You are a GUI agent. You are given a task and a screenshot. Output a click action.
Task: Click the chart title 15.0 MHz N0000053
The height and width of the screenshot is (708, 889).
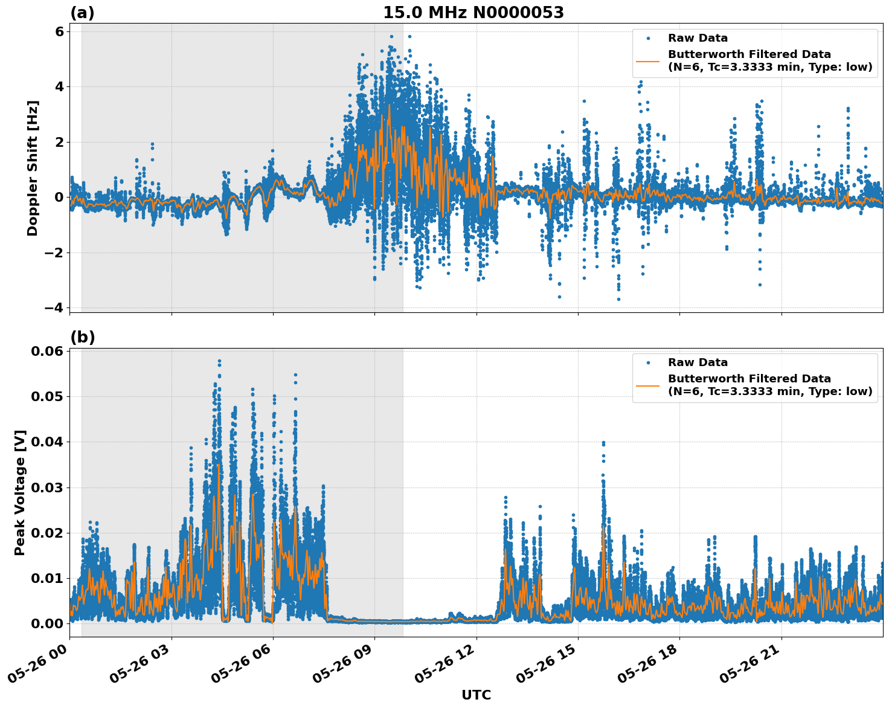473,13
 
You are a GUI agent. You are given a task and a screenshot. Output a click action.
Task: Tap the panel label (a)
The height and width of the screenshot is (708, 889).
82,13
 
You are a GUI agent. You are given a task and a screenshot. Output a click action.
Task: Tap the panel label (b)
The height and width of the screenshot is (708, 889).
82,337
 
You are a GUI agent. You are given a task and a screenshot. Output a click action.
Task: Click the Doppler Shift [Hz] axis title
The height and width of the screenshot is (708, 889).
33,168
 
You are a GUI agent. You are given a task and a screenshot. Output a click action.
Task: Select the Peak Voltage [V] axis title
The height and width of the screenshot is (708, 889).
20,492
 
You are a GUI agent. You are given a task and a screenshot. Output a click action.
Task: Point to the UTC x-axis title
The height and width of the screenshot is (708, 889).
476,695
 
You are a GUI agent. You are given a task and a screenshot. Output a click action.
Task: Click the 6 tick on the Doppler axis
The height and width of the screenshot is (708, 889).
59,31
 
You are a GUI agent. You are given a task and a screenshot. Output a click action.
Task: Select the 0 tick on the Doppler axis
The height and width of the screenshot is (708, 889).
59,198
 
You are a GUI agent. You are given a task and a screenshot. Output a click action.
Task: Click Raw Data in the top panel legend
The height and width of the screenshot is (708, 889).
698,39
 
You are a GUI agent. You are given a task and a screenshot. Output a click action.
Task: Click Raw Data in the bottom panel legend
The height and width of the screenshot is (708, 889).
698,363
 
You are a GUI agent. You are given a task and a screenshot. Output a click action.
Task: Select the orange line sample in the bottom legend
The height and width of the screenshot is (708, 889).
647,385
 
